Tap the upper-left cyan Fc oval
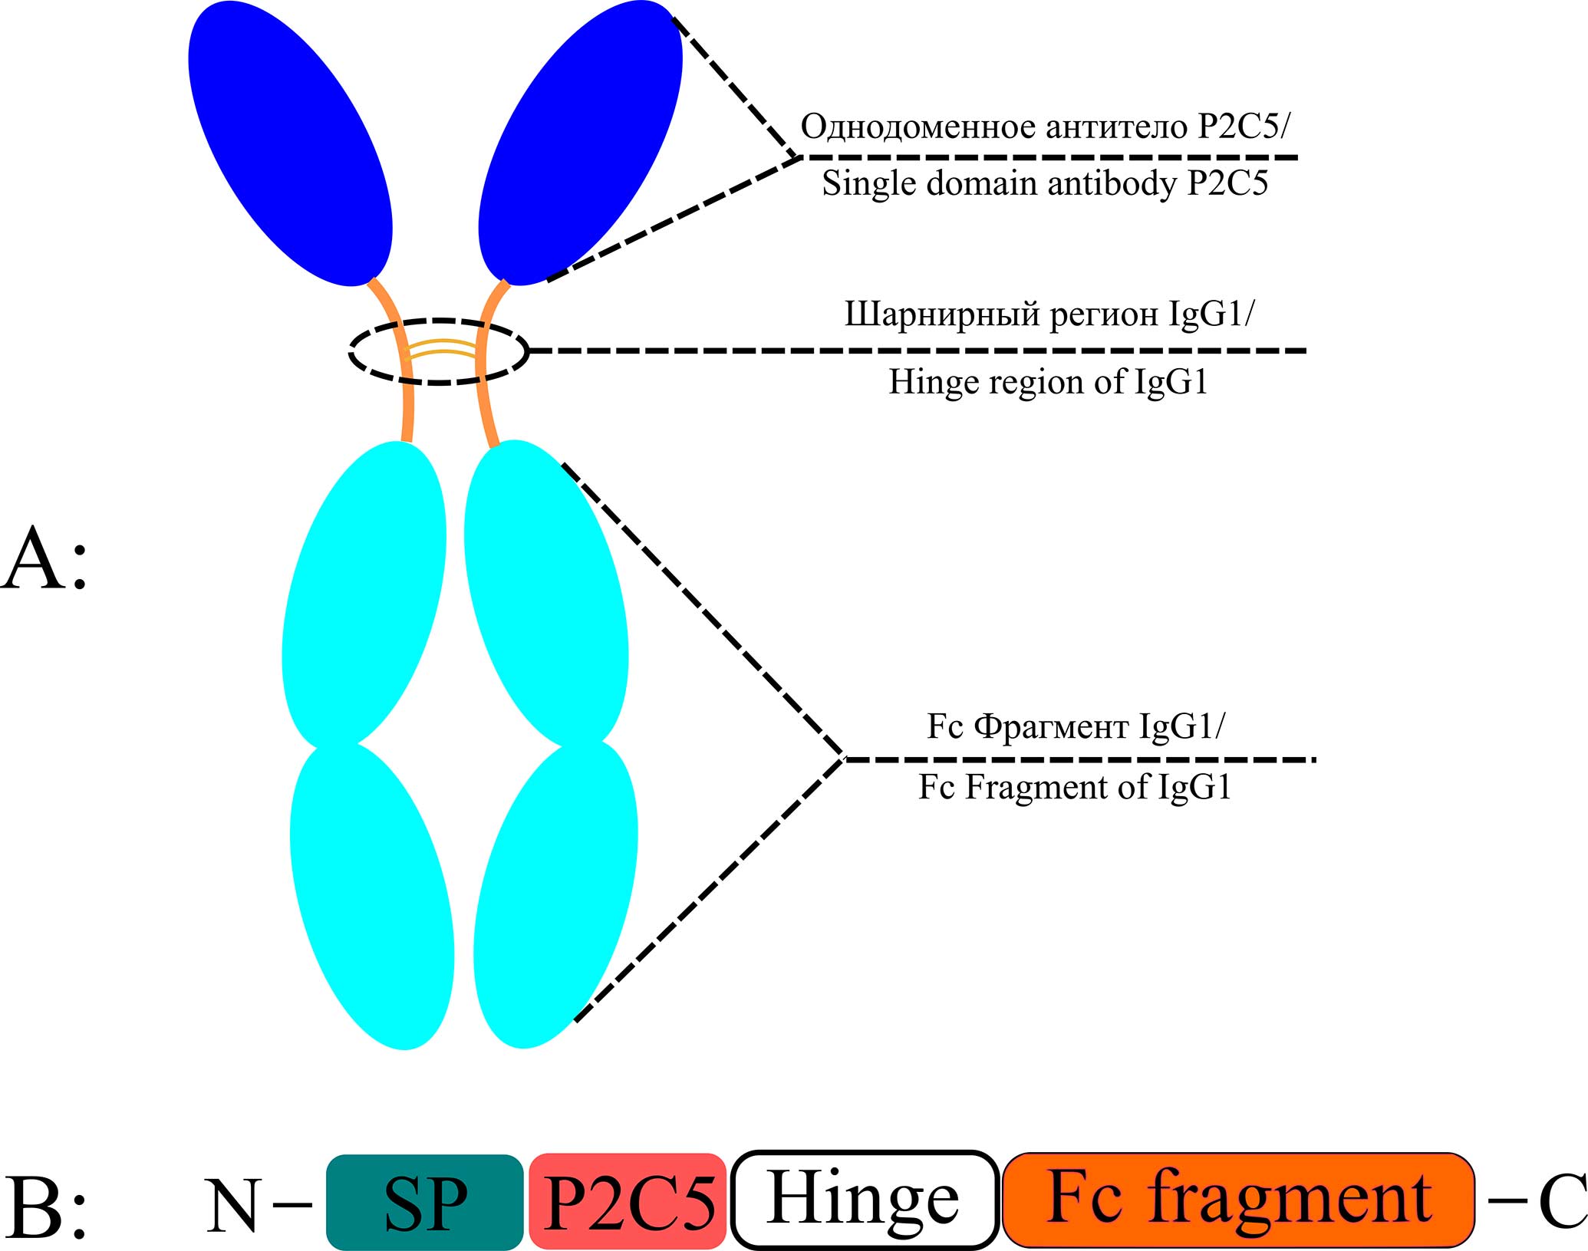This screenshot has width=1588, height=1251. (364, 594)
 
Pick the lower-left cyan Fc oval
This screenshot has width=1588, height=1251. (372, 896)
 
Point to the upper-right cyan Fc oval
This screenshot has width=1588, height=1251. (546, 594)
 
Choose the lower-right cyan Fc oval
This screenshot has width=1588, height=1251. (555, 896)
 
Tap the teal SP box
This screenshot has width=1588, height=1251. (425, 1202)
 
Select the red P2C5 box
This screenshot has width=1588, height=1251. (628, 1202)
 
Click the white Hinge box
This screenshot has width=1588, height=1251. (865, 1200)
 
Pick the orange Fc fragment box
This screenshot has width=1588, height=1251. (1238, 1200)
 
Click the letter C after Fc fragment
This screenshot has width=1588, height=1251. (1562, 1202)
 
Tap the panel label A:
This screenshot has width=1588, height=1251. (44, 560)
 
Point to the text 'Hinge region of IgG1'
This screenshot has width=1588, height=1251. (1048, 381)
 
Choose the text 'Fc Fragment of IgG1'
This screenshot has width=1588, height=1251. (1074, 787)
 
